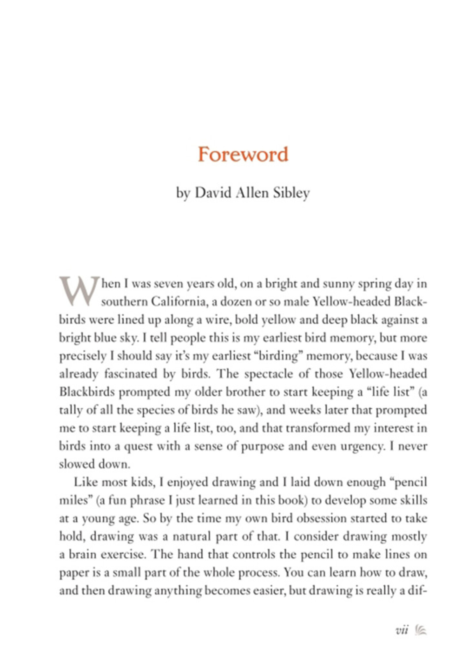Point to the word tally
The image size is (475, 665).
[x=70, y=410]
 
